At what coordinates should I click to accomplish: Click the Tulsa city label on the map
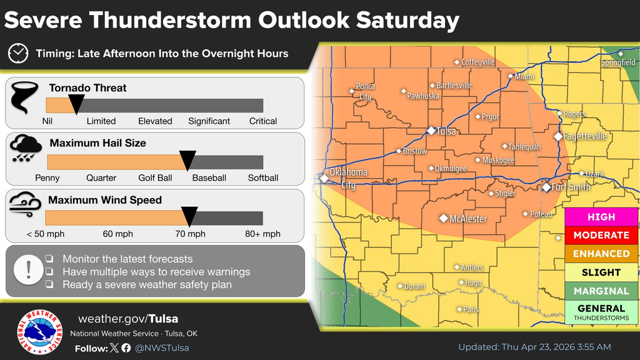[x=445, y=131]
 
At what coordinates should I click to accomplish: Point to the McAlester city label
[x=467, y=219]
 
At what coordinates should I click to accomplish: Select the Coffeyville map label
[x=478, y=62]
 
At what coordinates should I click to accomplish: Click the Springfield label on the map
[x=618, y=62]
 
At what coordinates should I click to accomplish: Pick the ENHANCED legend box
[x=601, y=254]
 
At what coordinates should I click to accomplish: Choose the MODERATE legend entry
[x=601, y=235]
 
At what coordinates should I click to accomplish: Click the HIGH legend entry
[x=601, y=217]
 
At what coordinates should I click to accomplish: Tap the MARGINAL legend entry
[x=601, y=291]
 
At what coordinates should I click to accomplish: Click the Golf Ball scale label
[x=155, y=178]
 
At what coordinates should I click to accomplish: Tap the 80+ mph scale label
[x=262, y=234]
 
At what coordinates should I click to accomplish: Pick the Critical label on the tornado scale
[x=262, y=121]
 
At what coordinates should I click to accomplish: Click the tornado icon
[x=24, y=98]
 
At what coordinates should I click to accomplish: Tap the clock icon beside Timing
[x=18, y=53]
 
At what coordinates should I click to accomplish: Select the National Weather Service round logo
[x=40, y=331]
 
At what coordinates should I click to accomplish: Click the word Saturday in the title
[x=407, y=21]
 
